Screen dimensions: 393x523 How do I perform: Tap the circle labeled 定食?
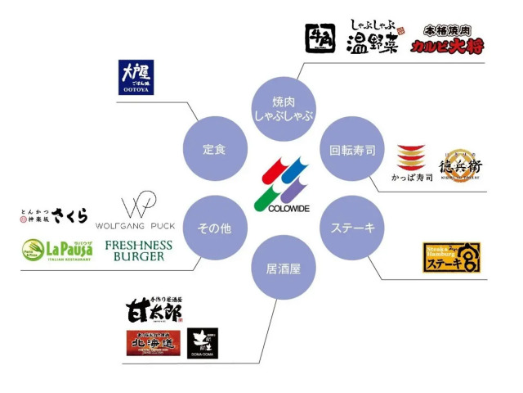[214, 149]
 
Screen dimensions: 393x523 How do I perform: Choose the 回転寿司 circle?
[352, 149]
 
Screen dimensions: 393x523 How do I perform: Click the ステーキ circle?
[352, 228]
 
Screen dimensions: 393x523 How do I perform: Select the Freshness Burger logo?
[139, 250]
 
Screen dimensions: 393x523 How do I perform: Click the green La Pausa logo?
[57, 250]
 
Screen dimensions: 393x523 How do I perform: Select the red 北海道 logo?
[153, 342]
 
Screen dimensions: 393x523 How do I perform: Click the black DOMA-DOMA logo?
[203, 343]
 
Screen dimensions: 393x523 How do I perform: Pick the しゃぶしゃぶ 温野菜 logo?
[372, 37]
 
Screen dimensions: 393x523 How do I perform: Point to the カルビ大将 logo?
[448, 38]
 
